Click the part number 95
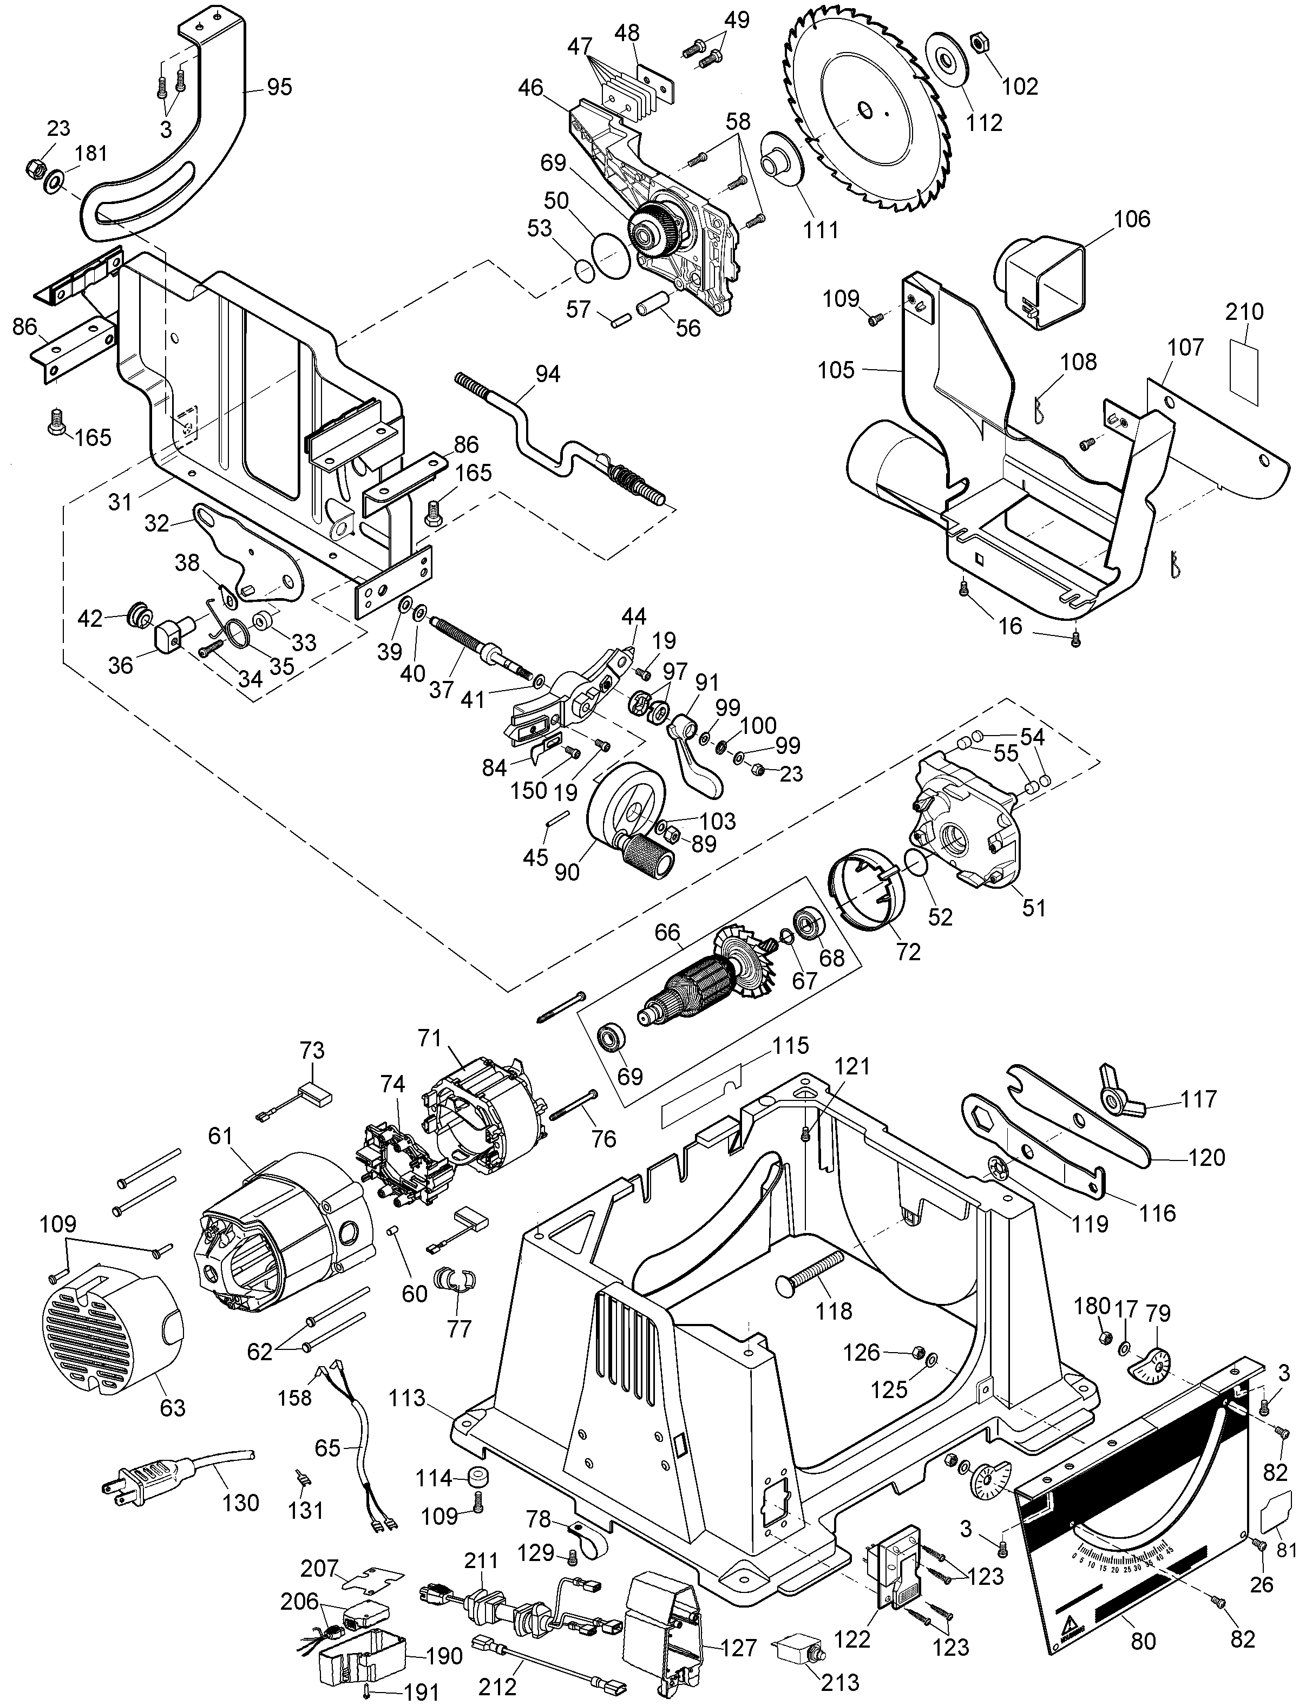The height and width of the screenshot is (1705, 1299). tap(279, 87)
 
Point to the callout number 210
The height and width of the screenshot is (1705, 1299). tap(1245, 312)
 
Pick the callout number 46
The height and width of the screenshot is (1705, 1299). tap(530, 87)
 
